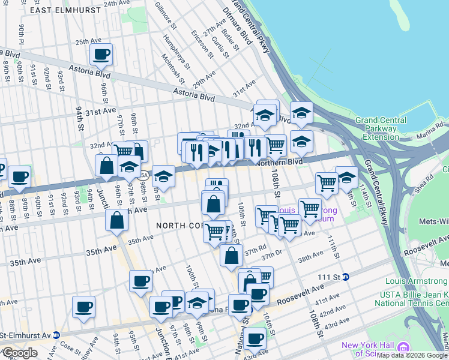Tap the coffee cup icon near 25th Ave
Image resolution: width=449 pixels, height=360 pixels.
coord(101,55)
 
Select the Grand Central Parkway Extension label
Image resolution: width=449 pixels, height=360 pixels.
coord(385,128)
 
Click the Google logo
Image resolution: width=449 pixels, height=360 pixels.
coord(20,353)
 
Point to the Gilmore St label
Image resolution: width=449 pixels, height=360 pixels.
coord(166,15)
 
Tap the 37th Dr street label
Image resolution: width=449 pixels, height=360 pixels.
coord(271,257)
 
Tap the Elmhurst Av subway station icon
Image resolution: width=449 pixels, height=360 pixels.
coord(56,334)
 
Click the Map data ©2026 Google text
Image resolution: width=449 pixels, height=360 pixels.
coord(411,355)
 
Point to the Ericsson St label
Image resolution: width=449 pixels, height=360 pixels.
coord(202,43)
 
